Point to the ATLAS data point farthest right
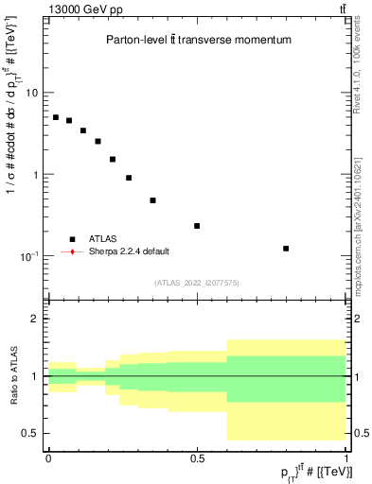tap(286, 249)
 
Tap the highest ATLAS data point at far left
tap(56, 117)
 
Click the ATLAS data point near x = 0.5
tap(197, 226)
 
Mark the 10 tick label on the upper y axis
tap(31, 93)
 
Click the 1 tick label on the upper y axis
tap(34, 175)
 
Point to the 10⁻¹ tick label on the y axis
tap(29, 256)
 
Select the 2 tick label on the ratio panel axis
tap(34, 320)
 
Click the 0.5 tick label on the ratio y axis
tap(29, 433)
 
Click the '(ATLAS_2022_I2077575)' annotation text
tap(197, 282)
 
